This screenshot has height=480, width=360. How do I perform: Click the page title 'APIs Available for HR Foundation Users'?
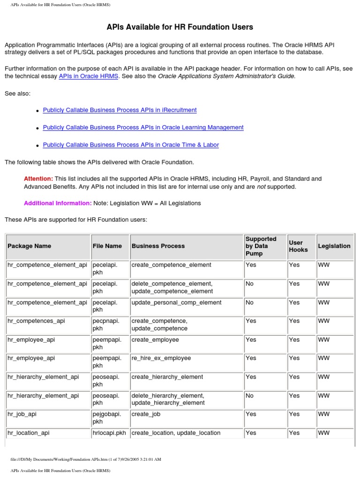(180, 27)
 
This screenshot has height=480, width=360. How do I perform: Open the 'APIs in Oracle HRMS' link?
(89, 76)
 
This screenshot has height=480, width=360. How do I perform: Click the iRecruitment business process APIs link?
(120, 110)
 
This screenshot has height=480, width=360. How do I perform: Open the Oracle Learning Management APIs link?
(143, 127)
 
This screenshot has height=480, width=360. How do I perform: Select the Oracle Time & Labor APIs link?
(131, 145)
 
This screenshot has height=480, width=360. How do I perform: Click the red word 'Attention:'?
(38, 179)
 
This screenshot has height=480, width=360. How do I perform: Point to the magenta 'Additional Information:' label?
(58, 203)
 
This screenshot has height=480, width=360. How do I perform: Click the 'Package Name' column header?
(30, 246)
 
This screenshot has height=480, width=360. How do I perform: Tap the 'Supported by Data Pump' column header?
(261, 246)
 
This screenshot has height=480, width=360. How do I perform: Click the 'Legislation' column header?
(334, 246)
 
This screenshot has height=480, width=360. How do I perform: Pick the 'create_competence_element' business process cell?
(172, 265)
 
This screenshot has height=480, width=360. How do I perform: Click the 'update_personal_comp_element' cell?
(177, 303)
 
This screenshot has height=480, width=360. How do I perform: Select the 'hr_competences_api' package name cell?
(37, 321)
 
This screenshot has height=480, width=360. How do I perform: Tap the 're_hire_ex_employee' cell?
(161, 358)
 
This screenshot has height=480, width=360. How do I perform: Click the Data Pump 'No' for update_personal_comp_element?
(249, 303)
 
